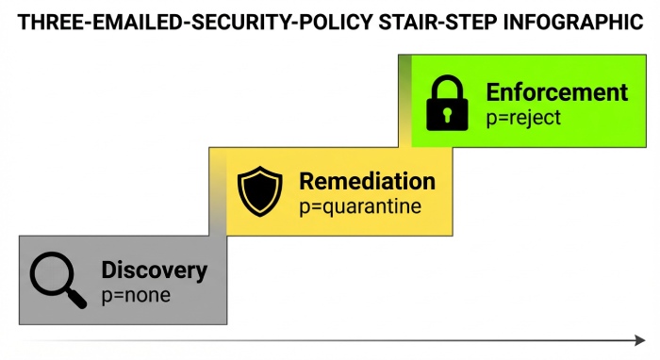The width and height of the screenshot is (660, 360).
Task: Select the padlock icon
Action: tap(447, 103)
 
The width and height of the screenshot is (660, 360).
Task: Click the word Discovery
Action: tap(154, 270)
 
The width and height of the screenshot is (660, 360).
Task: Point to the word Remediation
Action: tap(367, 182)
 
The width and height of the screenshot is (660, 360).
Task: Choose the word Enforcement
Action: tap(556, 92)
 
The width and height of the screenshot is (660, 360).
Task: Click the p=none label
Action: tap(136, 295)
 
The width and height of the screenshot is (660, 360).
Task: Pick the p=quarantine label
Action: tap(359, 206)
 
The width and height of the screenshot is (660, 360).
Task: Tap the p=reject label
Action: tap(523, 118)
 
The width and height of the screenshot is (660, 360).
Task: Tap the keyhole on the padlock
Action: tap(447, 113)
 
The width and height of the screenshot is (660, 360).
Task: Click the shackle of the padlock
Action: tap(447, 86)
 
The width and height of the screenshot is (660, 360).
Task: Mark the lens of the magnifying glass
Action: tap(50, 272)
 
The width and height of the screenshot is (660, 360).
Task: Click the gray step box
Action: tap(123, 311)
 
